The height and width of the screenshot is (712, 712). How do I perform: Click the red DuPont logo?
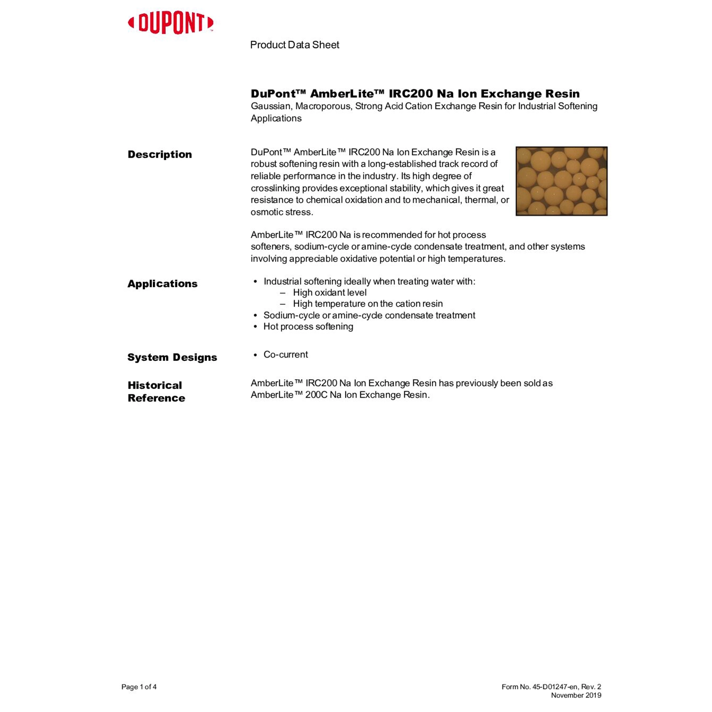click(171, 23)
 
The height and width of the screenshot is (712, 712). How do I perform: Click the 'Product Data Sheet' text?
click(294, 45)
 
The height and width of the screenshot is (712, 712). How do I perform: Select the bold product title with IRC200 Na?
click(415, 94)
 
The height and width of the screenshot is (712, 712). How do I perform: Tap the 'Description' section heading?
click(159, 154)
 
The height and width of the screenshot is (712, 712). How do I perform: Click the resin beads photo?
click(561, 181)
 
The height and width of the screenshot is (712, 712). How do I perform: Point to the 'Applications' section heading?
click(162, 284)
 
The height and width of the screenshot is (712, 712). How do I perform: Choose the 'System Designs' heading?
click(172, 357)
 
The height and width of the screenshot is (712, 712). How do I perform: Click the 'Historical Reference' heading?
click(156, 392)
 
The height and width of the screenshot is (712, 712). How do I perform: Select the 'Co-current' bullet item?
click(285, 355)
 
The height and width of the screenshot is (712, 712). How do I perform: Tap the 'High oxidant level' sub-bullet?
click(329, 292)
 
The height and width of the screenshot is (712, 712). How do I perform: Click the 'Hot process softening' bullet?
click(308, 327)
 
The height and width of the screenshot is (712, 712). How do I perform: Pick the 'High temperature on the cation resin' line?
click(367, 304)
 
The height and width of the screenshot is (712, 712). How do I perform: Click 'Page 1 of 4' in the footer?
click(139, 687)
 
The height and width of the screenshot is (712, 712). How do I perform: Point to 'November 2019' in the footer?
click(576, 695)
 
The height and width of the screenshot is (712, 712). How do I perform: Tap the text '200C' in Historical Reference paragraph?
click(316, 395)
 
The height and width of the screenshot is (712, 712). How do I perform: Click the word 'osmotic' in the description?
click(266, 212)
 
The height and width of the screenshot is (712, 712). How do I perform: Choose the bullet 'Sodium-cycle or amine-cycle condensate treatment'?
click(369, 315)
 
